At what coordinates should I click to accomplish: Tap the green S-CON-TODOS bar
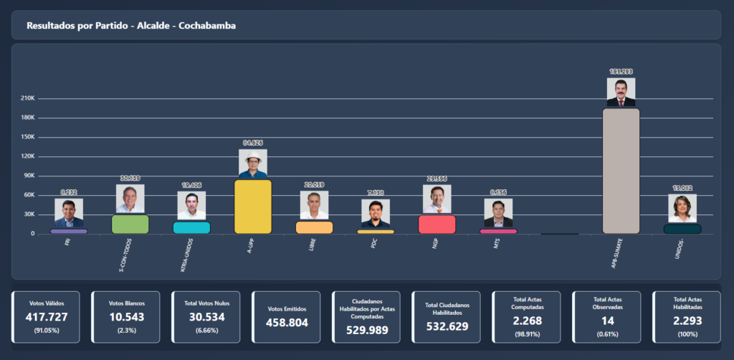tap(130, 224)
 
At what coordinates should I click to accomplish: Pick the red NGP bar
tap(437, 224)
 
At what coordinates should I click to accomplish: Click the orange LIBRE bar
tap(314, 227)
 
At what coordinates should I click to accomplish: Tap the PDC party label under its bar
tap(373, 244)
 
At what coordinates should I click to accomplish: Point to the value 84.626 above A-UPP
tap(252, 143)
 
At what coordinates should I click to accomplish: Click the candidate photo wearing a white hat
tap(252, 164)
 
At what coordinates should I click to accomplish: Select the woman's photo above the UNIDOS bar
tap(682, 209)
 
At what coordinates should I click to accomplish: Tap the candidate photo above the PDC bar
tap(375, 214)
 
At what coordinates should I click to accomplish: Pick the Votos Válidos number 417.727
tap(47, 317)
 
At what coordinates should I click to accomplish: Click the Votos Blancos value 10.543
tap(127, 317)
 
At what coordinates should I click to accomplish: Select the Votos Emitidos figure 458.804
tap(287, 323)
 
